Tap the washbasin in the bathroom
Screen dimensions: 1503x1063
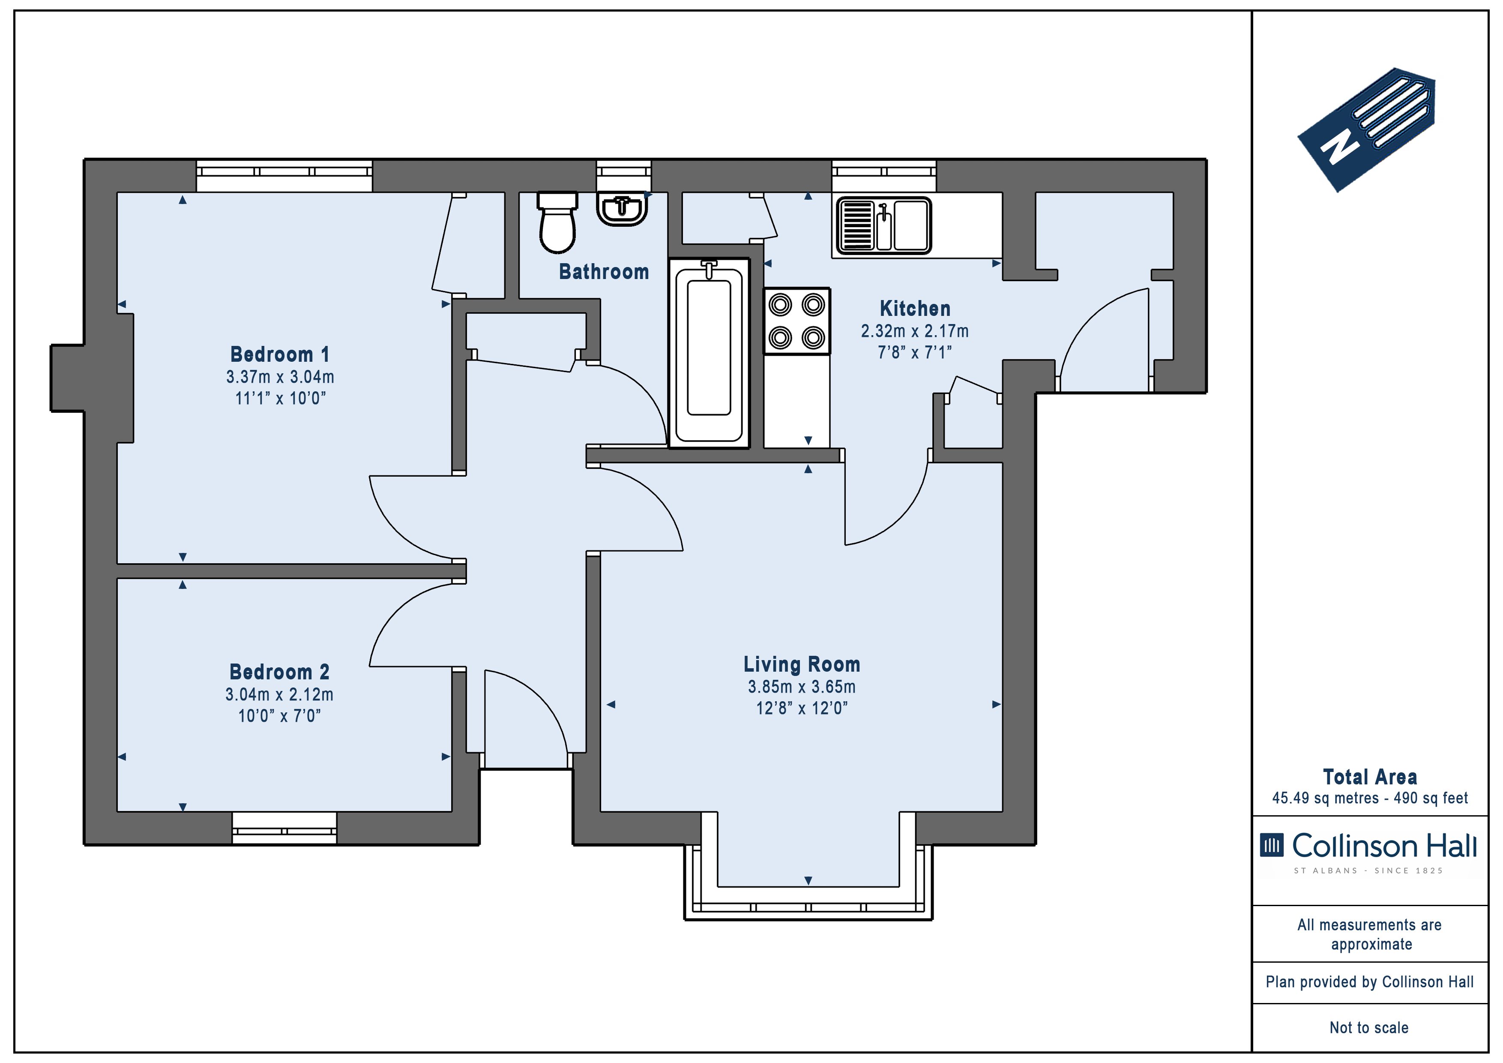[622, 209]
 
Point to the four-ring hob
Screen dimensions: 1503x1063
[796, 321]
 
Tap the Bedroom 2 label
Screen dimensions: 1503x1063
[279, 672]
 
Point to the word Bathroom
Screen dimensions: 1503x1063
[604, 271]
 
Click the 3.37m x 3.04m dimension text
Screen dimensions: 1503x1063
[280, 377]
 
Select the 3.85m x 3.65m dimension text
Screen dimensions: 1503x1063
[802, 687]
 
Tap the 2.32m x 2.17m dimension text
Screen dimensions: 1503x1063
[914, 331]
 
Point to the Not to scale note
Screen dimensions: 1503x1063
[1369, 1027]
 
